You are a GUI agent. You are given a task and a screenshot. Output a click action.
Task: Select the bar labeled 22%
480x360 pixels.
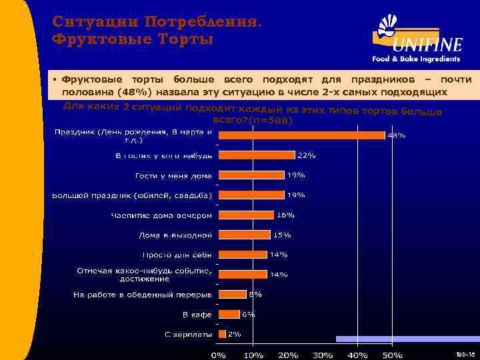click(257, 155)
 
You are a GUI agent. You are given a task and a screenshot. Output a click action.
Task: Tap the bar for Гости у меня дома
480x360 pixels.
click(251, 175)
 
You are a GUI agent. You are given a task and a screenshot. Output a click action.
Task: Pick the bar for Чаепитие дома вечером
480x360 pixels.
click(246, 215)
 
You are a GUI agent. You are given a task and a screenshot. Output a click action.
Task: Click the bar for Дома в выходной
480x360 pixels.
click(244, 235)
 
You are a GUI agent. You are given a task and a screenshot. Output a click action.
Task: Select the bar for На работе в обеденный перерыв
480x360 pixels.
click(232, 294)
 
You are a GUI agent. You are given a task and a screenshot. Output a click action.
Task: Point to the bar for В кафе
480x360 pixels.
click(229, 314)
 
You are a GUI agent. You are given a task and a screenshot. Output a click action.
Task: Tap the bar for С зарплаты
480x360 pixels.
click(221, 334)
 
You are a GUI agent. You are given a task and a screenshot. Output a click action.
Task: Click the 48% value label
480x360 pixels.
click(397, 135)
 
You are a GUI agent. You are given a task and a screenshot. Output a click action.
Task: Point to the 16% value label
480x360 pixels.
click(286, 215)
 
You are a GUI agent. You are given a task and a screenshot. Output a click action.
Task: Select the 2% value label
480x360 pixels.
click(235, 334)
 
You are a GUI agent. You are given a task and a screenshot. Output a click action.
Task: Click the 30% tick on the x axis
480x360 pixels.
click(323, 355)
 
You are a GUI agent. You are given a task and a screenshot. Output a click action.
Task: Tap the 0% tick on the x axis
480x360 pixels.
click(218, 355)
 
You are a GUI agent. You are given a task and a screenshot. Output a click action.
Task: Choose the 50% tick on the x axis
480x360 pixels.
click(393, 355)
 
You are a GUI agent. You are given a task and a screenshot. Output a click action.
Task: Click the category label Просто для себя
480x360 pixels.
click(177, 255)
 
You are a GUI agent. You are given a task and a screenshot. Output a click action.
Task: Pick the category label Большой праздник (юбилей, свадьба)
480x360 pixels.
click(132, 195)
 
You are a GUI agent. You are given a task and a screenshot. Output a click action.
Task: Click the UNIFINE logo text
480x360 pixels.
click(427, 45)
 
